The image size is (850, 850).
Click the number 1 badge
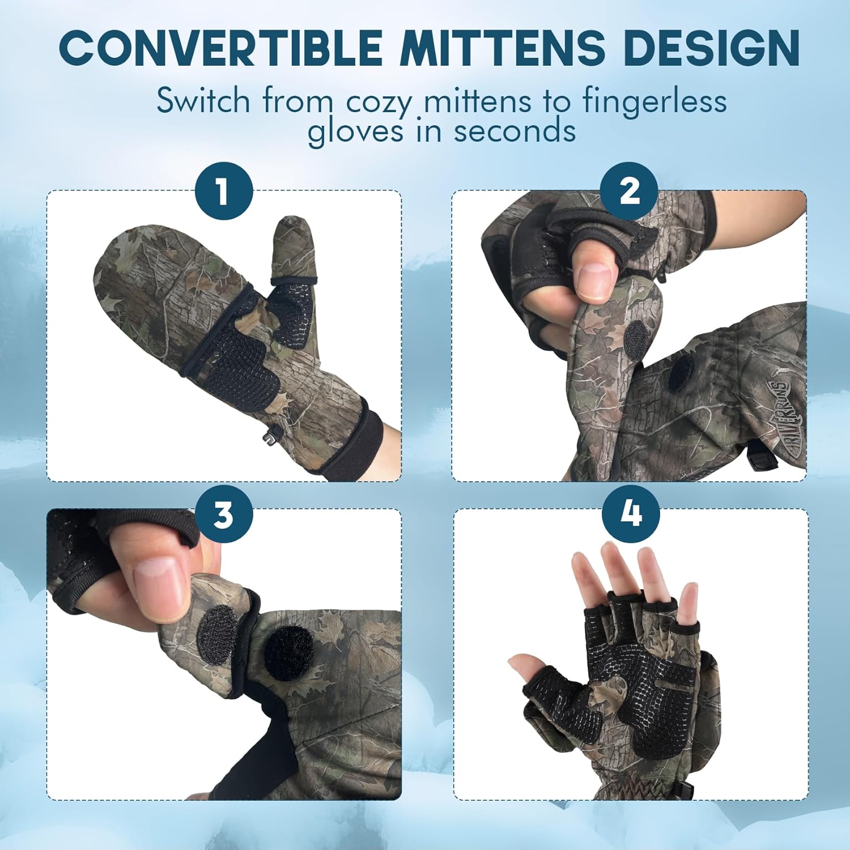click(224, 191)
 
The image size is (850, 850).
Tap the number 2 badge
click(629, 191)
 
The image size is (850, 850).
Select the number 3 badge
click(224, 515)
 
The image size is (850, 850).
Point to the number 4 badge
click(631, 514)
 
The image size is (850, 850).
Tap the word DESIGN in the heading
click(711, 48)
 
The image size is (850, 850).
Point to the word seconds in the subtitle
click(515, 131)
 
